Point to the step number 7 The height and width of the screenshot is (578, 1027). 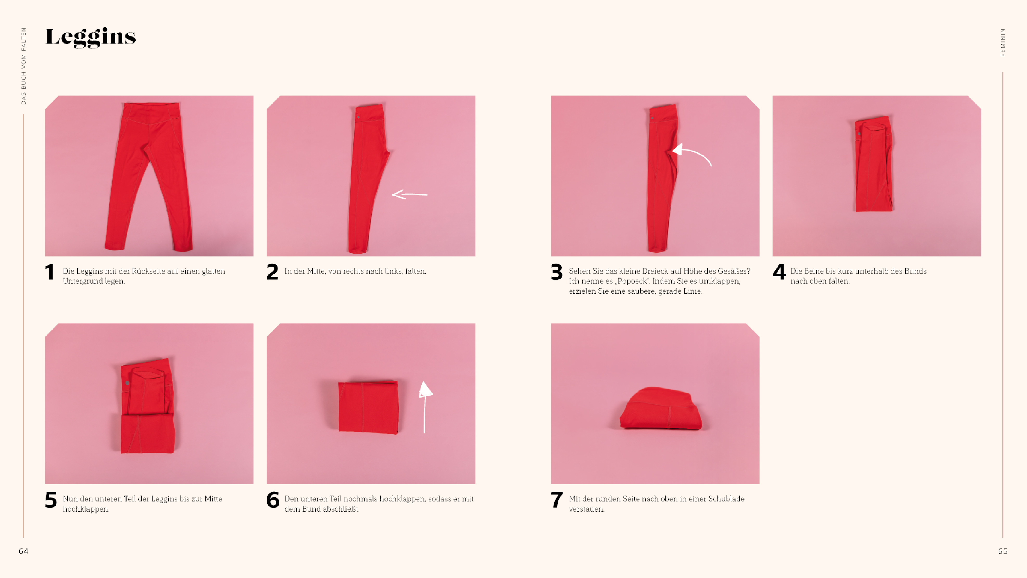(x=557, y=500)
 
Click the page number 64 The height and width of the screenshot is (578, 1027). (x=23, y=551)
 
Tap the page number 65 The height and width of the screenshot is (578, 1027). (x=1003, y=551)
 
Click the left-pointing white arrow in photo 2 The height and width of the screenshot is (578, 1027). (x=409, y=194)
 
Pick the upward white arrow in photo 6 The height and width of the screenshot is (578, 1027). (x=425, y=407)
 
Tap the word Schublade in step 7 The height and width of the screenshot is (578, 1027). (x=726, y=499)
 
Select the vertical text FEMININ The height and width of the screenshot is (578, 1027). (x=1003, y=42)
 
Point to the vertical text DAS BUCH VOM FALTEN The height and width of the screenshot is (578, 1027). (x=23, y=66)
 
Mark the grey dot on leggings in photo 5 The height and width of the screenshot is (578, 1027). (x=127, y=383)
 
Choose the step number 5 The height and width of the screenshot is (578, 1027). (x=51, y=500)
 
